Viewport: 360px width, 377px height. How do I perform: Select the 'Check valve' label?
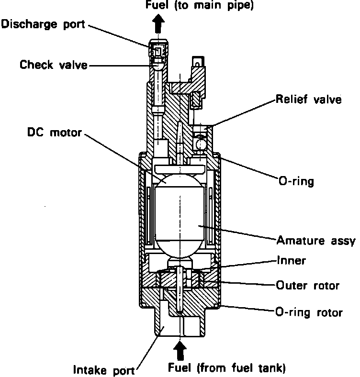pos(54,65)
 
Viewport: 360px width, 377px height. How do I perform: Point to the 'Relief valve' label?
pos(308,100)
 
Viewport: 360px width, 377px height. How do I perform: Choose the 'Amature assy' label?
pos(315,240)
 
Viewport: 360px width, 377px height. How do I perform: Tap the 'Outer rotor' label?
pos(307,286)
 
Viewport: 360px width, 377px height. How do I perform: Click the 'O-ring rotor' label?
pos(309,313)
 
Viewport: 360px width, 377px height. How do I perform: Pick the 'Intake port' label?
pos(104,369)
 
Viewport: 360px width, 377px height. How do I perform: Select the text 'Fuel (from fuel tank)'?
pos(227,367)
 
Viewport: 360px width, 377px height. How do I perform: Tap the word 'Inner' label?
pos(291,261)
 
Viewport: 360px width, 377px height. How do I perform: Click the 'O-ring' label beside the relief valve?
pos(296,182)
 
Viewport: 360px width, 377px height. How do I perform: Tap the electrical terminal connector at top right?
pos(196,65)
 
